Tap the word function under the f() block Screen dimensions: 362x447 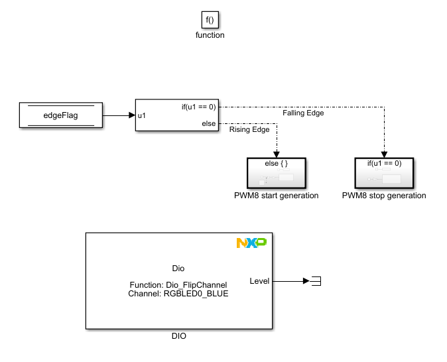210,35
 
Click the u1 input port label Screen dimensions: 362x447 142,115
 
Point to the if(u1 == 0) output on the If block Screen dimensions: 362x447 198,107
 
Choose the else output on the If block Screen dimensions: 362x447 208,123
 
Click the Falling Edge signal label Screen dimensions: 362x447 303,113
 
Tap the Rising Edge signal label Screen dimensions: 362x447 249,129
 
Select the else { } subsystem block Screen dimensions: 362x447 276,172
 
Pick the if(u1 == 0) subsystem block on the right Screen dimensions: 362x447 384,172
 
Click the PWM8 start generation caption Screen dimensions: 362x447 276,196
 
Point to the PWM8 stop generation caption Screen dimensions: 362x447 384,196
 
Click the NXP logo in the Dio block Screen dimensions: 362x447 251,243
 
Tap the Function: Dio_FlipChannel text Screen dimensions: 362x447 178,284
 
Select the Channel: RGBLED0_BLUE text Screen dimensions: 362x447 178,293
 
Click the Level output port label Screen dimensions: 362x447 259,281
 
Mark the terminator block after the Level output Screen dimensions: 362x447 316,281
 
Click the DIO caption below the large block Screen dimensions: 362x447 178,336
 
